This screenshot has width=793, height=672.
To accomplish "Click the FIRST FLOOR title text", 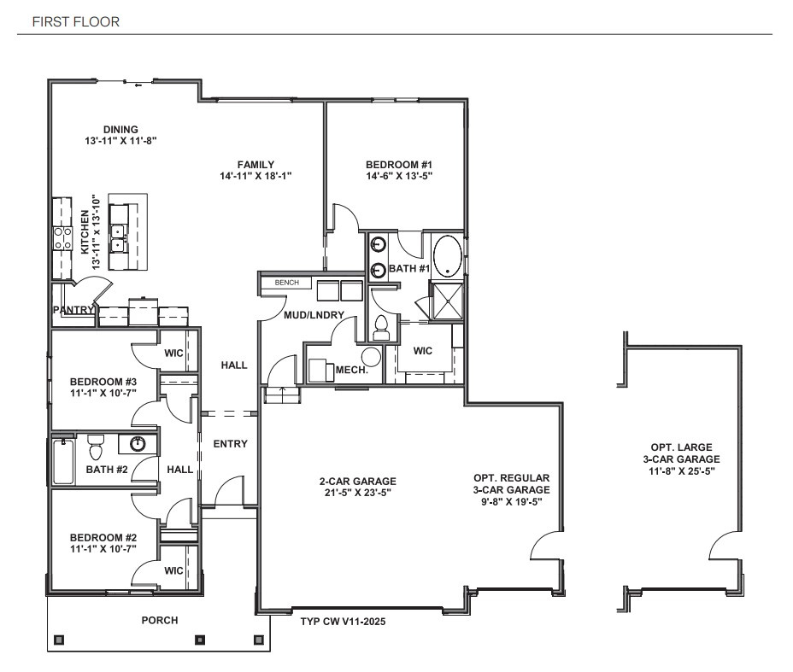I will pyautogui.click(x=75, y=21).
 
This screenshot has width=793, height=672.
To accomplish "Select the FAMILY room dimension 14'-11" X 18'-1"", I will pyautogui.click(x=256, y=177).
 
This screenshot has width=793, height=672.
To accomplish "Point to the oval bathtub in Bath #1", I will pyautogui.click(x=448, y=256).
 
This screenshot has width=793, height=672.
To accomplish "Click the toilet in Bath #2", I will pyautogui.click(x=96, y=445).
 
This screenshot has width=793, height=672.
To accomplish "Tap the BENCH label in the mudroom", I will pyautogui.click(x=286, y=282).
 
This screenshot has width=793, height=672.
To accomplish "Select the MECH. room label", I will pyautogui.click(x=351, y=371).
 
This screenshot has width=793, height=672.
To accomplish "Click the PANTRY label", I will pyautogui.click(x=72, y=310).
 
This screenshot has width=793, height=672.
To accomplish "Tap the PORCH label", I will pyautogui.click(x=160, y=620).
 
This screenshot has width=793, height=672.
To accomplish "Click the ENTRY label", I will pyautogui.click(x=230, y=443).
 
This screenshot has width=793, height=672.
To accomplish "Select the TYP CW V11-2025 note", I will pyautogui.click(x=344, y=622).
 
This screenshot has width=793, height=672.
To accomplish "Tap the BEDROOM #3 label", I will pyautogui.click(x=103, y=381).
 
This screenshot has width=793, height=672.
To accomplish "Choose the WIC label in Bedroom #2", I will pyautogui.click(x=173, y=570).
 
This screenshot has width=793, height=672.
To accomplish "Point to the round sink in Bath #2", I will pyautogui.click(x=138, y=443).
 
